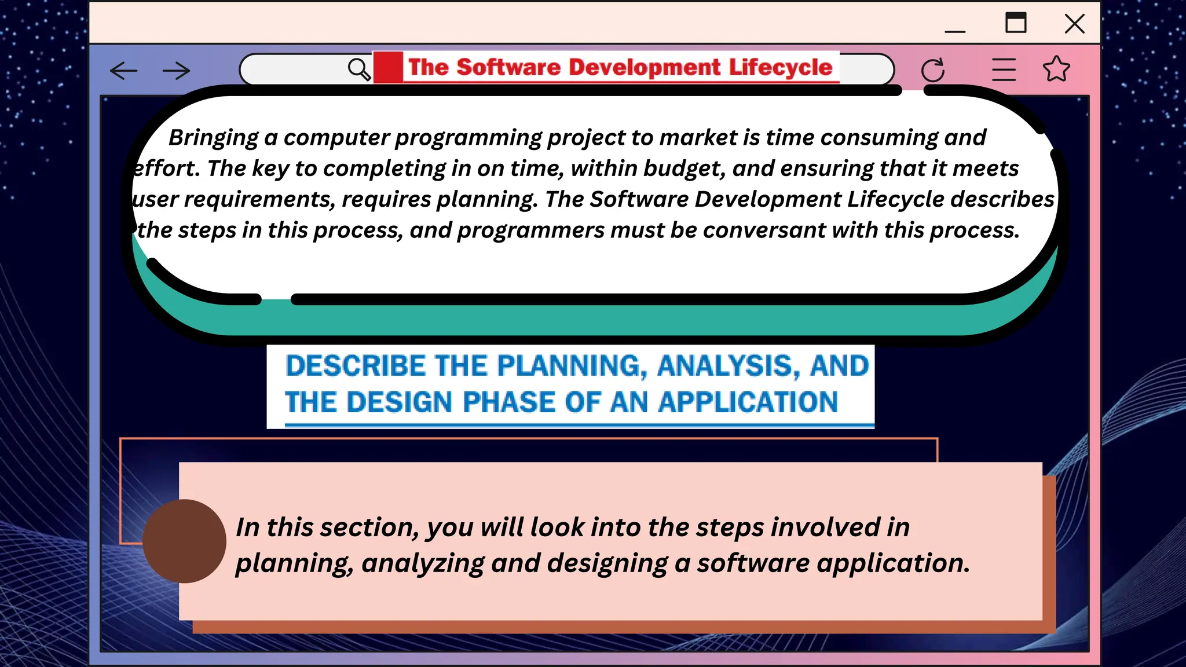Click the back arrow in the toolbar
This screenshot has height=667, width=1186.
tap(123, 71)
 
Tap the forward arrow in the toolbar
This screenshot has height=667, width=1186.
tap(176, 71)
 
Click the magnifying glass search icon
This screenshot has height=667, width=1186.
tap(359, 69)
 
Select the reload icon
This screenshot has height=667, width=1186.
tap(932, 70)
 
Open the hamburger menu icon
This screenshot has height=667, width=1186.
tap(1004, 69)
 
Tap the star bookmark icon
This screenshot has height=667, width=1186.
tap(1056, 69)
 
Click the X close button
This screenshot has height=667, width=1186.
tap(1074, 24)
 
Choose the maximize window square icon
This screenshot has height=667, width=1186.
tap(1016, 23)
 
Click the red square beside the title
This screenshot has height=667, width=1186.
tap(388, 67)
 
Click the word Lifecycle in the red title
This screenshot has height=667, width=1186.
tap(780, 67)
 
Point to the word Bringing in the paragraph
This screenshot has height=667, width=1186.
tap(213, 138)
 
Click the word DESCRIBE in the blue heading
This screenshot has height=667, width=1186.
tap(356, 366)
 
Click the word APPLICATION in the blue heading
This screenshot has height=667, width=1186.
tap(748, 402)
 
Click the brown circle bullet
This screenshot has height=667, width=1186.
tap(184, 541)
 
